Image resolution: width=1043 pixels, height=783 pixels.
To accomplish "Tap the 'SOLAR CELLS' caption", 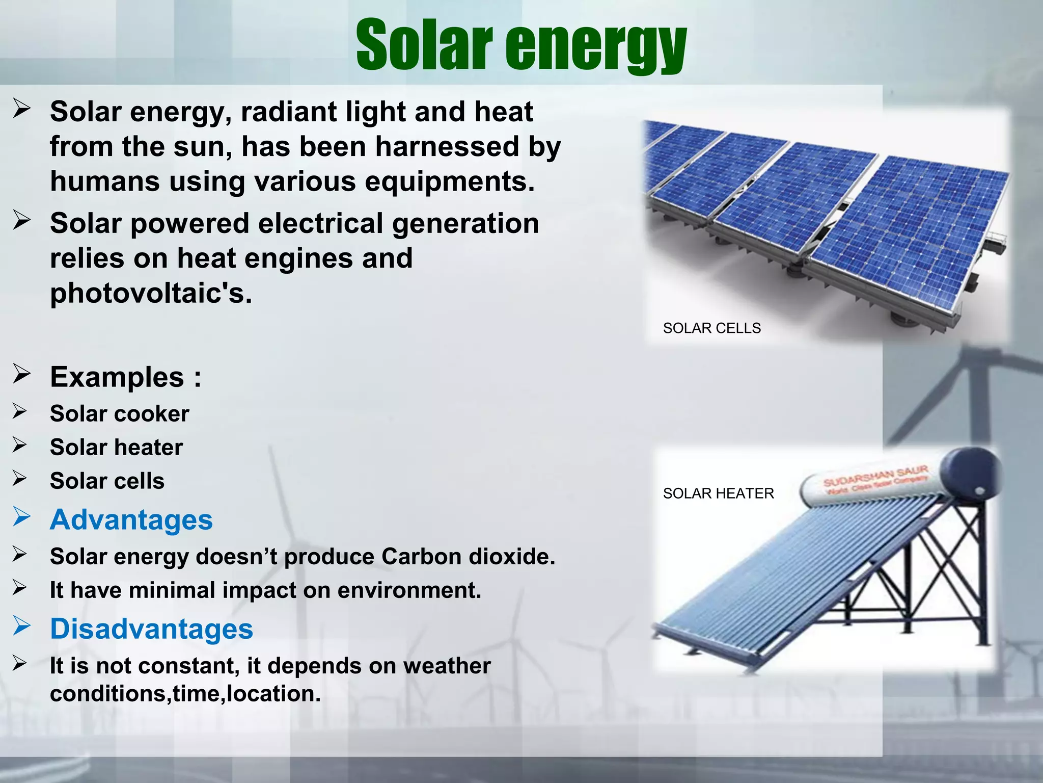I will tap(711, 328).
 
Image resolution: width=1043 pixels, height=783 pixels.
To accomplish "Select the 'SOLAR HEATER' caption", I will tap(718, 493).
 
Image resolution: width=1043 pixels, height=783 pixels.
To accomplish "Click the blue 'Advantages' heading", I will tap(131, 520).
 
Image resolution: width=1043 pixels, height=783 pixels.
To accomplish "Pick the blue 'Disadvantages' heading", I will tap(151, 629).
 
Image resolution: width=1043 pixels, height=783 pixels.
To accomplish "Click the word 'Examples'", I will tap(117, 377).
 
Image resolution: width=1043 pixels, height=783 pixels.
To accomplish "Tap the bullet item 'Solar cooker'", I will tap(119, 413).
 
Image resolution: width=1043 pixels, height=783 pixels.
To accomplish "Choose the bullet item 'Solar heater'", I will tap(116, 447).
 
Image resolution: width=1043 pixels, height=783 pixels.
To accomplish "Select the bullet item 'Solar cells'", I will tap(107, 481).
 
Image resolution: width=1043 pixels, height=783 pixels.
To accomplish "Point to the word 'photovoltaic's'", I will tap(151, 293).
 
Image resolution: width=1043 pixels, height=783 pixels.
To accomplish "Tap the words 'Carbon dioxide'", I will tap(468, 556).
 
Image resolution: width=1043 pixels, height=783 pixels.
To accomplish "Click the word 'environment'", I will tap(409, 590).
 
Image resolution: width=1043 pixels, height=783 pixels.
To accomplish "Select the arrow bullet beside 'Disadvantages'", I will tap(22, 625).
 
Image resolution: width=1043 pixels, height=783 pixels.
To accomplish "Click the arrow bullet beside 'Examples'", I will tap(22, 374).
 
